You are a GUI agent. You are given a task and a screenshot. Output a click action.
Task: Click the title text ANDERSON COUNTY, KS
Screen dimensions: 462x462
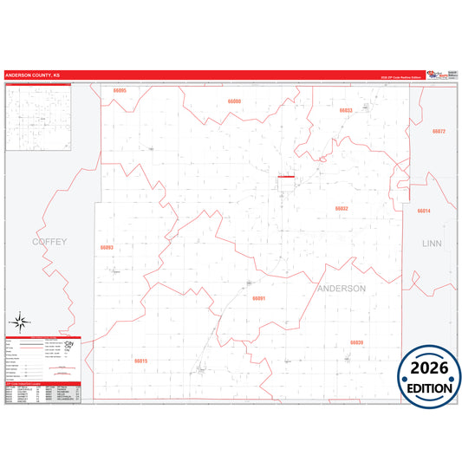pos(33,75)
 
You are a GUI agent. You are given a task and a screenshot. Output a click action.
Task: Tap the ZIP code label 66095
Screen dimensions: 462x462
pos(120,91)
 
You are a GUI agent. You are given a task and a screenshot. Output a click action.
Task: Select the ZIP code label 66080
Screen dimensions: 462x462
pos(234,102)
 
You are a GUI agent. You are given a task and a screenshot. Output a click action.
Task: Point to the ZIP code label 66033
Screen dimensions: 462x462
pos(346,111)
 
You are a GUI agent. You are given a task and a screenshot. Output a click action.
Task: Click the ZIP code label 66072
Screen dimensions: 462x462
pos(438,131)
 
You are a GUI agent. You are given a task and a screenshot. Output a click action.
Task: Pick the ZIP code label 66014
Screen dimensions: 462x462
pos(424,211)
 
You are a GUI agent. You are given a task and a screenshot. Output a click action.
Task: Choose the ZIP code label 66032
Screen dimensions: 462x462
pos(342,209)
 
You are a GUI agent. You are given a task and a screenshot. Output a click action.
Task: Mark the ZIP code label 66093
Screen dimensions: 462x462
pos(107,247)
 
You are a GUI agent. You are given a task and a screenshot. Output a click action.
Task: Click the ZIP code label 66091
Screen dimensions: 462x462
pos(258,297)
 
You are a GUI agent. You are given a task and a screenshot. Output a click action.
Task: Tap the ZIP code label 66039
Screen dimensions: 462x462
pos(356,342)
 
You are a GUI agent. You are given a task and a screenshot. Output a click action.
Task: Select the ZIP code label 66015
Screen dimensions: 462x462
pos(141,361)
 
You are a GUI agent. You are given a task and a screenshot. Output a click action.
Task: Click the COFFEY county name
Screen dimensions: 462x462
pos(49,241)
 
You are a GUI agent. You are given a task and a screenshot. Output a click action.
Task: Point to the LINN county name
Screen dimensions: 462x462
pos(432,244)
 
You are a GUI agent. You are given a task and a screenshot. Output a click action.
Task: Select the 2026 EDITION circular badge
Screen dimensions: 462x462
pos(424,374)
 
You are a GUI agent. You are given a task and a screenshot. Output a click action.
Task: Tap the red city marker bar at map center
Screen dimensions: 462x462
pos(286,178)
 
